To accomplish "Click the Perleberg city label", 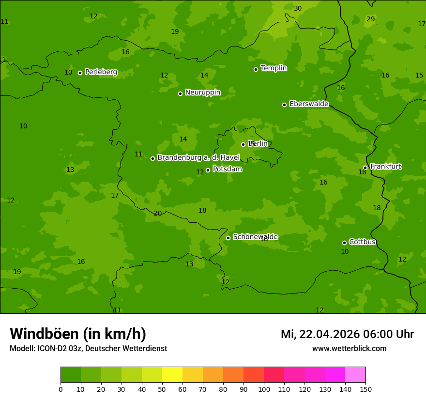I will coord(101,72).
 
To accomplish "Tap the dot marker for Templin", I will coord(256,69).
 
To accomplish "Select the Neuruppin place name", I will coord(202,93).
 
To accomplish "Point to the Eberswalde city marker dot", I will coord(284,105).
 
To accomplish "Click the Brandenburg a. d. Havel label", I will coord(198,157).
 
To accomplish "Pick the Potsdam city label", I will coord(227,169).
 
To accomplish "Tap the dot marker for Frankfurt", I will coord(365,168).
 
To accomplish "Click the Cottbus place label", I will coord(362,242).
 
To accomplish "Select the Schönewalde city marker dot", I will coord(228,238).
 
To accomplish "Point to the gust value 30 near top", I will coord(298,8).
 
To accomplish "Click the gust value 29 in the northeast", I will coord(370,19).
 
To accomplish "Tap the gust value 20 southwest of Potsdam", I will coord(157,213).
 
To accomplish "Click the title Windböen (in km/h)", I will coord(78,334).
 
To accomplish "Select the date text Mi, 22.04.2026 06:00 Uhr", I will coord(347,334).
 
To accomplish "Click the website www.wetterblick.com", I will coord(349,349).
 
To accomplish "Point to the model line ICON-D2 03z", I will coord(88,349).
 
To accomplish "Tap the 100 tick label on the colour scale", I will coord(264,389).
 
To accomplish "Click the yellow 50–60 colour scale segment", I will coord(172,375).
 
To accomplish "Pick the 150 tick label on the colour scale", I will coord(365,389).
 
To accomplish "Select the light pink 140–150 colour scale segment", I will coord(355,375).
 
